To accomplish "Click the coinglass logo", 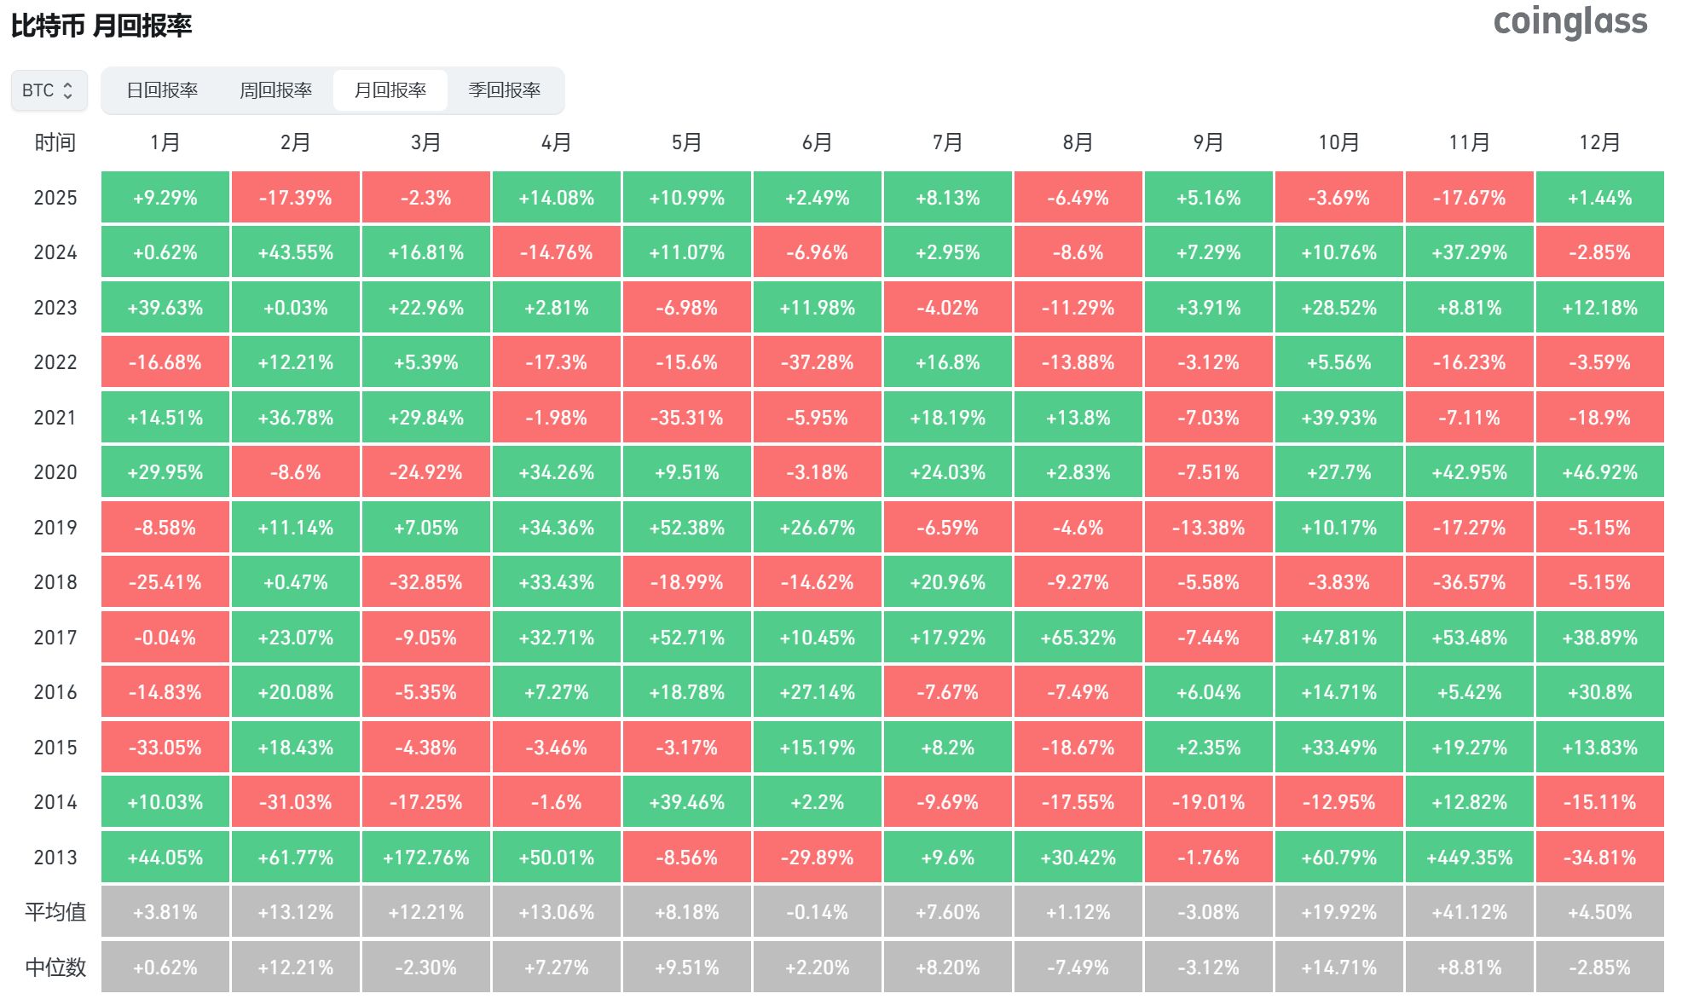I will click(1569, 22).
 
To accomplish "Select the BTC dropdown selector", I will click(49, 90).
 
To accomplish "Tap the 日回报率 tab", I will click(162, 90).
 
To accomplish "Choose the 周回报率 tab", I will click(275, 90).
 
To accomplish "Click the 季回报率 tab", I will click(504, 90).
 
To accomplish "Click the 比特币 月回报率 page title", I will click(101, 26).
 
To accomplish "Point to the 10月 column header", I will click(1338, 142).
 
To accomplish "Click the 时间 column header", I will click(55, 142).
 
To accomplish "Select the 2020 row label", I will click(55, 472).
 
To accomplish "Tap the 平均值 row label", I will click(55, 912).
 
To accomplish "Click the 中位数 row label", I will click(55, 967).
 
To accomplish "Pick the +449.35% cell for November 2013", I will click(1469, 858).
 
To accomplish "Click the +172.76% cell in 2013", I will click(425, 858).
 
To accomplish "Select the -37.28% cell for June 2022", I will click(817, 362).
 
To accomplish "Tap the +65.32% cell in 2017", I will click(1078, 638).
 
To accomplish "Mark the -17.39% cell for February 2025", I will click(295, 198).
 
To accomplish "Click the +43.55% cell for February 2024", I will click(295, 252).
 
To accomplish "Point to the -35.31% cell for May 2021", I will click(686, 418).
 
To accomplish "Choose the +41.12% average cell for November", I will click(1469, 912).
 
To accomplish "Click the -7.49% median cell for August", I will click(1078, 967).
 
